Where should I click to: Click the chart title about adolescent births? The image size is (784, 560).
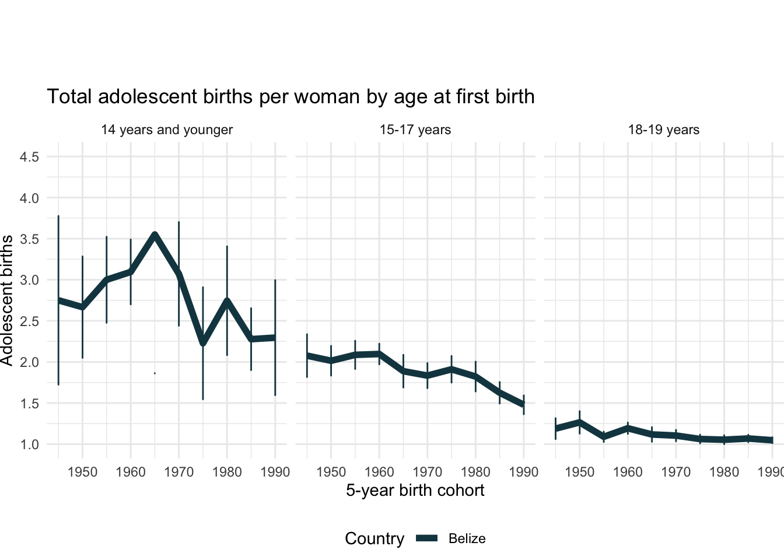(x=290, y=96)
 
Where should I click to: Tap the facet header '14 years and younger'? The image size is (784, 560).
(x=167, y=129)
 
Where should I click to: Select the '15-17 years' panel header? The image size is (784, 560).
(x=415, y=129)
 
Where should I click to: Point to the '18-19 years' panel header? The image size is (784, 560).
(x=664, y=129)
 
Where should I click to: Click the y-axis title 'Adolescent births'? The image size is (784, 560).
(x=7, y=300)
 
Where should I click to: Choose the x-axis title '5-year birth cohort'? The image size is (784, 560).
(x=415, y=490)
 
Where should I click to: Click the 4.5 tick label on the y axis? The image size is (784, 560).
(x=29, y=157)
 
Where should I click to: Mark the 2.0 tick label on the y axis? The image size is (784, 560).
(x=29, y=362)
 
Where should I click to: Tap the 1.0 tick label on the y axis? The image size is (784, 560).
(x=29, y=444)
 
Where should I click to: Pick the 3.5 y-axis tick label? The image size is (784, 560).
(x=29, y=239)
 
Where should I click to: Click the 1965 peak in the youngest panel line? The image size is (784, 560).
(x=155, y=235)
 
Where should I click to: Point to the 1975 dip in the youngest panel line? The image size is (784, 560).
(x=202, y=343)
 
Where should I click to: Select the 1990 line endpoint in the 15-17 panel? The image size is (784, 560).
(x=523, y=404)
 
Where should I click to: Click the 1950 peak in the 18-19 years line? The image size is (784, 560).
(x=580, y=422)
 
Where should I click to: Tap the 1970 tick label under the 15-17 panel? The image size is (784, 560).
(x=428, y=472)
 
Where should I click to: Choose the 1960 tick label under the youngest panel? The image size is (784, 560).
(x=131, y=472)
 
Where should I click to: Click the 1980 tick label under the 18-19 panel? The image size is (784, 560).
(x=724, y=472)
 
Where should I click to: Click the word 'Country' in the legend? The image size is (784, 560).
(x=374, y=539)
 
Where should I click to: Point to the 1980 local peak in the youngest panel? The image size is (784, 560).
(x=227, y=301)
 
